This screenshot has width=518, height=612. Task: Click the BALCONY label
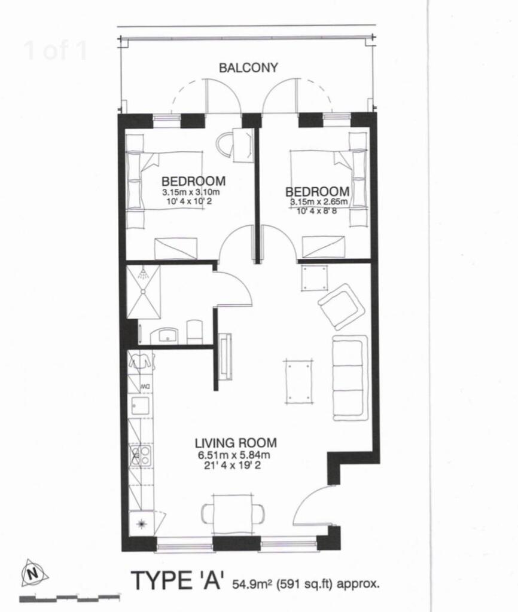pyautogui.click(x=248, y=68)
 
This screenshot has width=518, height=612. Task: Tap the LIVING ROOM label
pyautogui.click(x=236, y=443)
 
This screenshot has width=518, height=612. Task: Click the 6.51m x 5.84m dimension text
pyautogui.click(x=234, y=455)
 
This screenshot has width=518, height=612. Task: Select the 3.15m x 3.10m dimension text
pyautogui.click(x=191, y=192)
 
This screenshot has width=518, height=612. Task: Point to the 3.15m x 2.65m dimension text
pyautogui.click(x=319, y=202)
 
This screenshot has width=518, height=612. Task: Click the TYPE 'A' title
pyautogui.click(x=178, y=580)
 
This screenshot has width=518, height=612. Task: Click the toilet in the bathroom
pyautogui.click(x=194, y=332)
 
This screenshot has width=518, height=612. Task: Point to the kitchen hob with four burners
pyautogui.click(x=141, y=455)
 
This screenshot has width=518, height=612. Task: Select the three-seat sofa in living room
pyautogui.click(x=350, y=377)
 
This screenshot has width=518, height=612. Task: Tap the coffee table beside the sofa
pyautogui.click(x=299, y=381)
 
